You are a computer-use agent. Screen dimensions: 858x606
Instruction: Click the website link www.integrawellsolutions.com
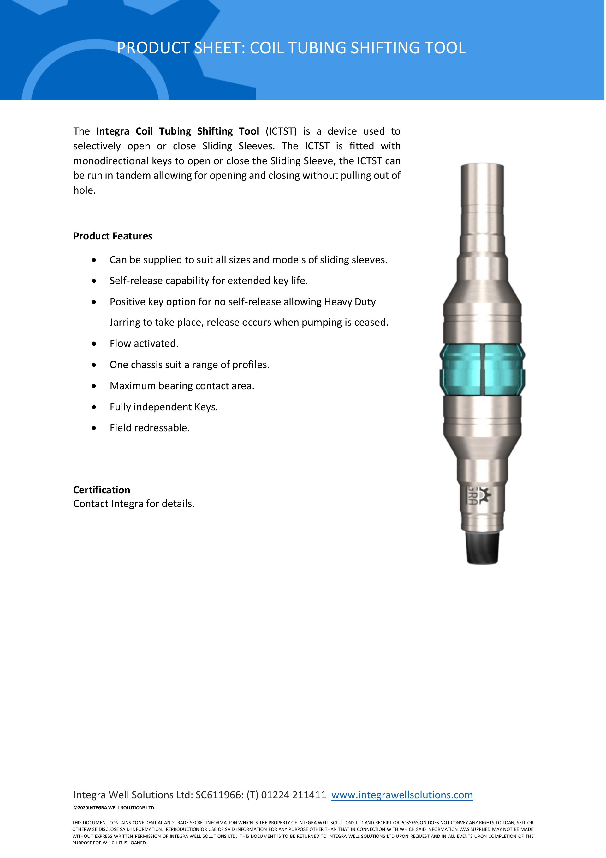(x=402, y=795)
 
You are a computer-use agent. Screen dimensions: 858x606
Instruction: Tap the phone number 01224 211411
(x=294, y=795)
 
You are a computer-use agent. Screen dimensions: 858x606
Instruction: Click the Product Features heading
(x=113, y=236)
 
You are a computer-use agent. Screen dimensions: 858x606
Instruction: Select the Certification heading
(x=102, y=490)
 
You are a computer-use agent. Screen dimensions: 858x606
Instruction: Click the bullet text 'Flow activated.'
(x=144, y=343)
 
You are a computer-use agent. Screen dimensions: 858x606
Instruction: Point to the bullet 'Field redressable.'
(x=149, y=428)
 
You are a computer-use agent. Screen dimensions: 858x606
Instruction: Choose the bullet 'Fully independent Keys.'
(x=163, y=407)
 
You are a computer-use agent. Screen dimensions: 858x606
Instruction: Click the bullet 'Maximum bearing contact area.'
(x=182, y=386)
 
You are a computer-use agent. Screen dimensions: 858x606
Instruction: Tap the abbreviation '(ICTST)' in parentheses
(x=281, y=131)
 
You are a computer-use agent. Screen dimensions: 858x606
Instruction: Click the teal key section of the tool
(x=482, y=369)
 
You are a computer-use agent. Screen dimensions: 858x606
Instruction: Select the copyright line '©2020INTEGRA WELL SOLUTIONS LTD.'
(x=114, y=807)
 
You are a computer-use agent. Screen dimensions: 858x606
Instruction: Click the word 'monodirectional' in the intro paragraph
(x=111, y=161)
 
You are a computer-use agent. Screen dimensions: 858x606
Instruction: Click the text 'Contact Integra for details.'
(x=134, y=504)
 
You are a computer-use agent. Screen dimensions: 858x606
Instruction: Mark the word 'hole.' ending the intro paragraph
(x=84, y=190)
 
